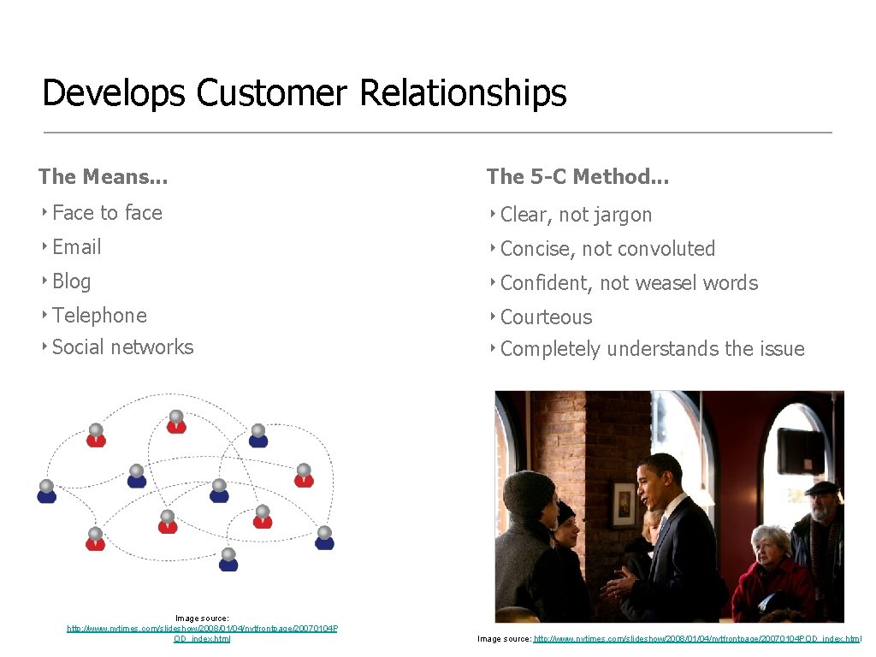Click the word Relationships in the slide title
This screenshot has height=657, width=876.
(463, 93)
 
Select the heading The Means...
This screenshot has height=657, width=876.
(103, 177)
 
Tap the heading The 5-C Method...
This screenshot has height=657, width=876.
(577, 177)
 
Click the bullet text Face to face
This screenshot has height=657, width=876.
(107, 213)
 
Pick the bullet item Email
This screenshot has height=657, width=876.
(76, 247)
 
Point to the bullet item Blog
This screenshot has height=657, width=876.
(71, 281)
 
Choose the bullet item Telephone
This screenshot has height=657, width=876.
(99, 316)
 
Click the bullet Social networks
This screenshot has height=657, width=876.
(122, 347)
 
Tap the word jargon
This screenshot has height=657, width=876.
(620, 215)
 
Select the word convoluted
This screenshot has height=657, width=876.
(666, 249)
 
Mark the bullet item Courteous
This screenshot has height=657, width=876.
(546, 317)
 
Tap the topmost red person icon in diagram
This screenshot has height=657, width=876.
(176, 422)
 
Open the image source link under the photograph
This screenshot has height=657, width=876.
(696, 639)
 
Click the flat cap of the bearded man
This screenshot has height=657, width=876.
(824, 488)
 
